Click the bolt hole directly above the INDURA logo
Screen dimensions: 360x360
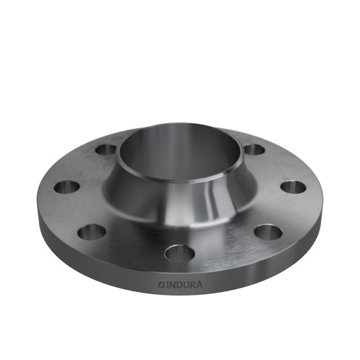(179, 254)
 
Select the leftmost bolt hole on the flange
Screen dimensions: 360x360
(67, 187)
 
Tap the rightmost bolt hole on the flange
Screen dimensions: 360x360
(292, 187)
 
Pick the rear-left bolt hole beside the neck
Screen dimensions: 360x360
(106, 150)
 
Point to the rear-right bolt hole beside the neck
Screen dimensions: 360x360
(254, 150)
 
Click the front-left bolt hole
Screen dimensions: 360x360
(92, 231)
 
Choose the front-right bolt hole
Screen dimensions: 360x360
(268, 231)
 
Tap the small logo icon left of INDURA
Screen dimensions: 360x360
(160, 285)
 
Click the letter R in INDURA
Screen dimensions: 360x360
(192, 285)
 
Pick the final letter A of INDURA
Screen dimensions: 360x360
(199, 285)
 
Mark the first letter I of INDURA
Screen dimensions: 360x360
(166, 285)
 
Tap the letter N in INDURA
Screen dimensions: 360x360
(171, 285)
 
